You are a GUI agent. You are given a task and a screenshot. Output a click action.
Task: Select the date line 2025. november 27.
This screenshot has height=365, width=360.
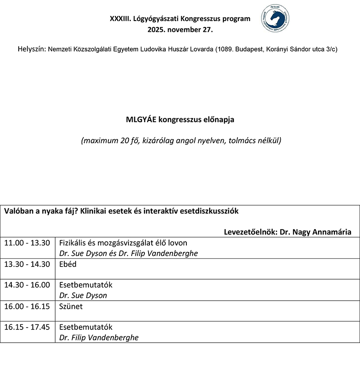click(x=180, y=30)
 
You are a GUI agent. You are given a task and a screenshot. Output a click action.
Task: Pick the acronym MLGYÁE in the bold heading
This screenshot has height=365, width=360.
click(x=143, y=120)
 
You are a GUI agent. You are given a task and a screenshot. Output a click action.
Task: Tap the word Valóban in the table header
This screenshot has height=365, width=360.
click(x=18, y=212)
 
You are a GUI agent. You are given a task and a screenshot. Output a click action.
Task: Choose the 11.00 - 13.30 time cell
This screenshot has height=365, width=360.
click(x=27, y=243)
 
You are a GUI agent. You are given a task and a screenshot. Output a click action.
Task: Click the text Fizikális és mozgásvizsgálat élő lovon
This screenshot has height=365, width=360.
click(x=123, y=243)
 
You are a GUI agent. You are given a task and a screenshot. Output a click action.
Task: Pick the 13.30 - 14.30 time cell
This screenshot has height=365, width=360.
click(x=27, y=264)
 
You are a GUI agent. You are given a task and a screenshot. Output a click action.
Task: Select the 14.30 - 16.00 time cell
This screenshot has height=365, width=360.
click(x=27, y=285)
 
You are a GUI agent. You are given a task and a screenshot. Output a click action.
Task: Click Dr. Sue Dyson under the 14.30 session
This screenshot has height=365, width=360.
click(x=83, y=296)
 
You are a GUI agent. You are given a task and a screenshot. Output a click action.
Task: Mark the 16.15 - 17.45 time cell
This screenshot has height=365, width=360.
click(x=27, y=327)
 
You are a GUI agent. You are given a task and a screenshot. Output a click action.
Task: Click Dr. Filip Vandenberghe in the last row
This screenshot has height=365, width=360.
click(x=99, y=338)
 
